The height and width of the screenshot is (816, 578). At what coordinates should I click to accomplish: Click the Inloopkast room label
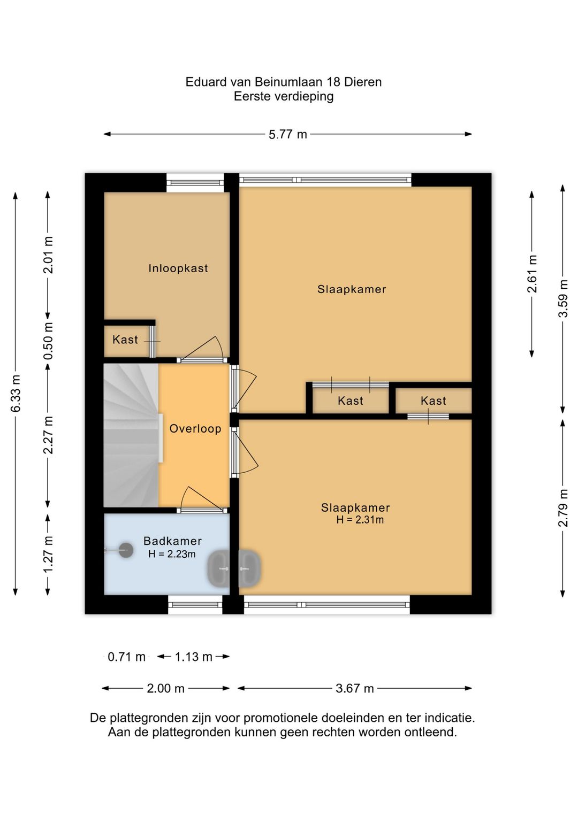(178, 268)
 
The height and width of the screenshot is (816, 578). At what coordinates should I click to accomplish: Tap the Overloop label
(195, 428)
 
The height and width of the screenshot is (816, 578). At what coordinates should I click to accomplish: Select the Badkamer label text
(172, 541)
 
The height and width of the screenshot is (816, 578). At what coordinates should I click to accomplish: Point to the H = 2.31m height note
(360, 519)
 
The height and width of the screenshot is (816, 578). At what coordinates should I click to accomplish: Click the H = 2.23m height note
(172, 554)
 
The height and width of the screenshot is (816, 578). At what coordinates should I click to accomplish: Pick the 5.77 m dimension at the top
(288, 134)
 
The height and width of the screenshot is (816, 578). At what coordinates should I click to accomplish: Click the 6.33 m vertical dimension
(16, 393)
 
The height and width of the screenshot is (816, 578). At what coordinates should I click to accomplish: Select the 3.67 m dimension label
(355, 689)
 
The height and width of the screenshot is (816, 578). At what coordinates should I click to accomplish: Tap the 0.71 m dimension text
(126, 657)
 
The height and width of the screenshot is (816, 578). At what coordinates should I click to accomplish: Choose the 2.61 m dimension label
(532, 274)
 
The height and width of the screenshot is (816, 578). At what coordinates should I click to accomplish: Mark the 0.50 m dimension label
(48, 341)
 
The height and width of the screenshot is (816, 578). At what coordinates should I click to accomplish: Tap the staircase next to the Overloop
(131, 435)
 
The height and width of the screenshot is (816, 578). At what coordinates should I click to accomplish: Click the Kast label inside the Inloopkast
(125, 340)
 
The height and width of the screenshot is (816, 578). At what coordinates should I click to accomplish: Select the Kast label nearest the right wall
(433, 401)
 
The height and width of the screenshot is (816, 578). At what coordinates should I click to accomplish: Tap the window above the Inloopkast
(195, 183)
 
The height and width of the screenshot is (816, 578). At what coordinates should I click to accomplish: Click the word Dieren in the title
(363, 82)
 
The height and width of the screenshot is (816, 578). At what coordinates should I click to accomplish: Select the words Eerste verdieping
(284, 97)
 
